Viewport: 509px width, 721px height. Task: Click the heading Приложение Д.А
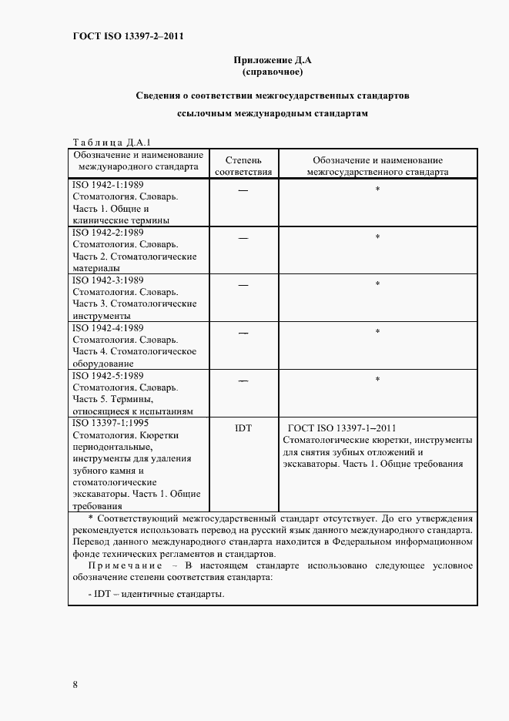tap(272, 60)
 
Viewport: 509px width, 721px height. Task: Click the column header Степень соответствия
tap(243, 165)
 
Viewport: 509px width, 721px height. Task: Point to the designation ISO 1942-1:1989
tap(108, 185)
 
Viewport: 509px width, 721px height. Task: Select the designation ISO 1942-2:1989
tap(108, 232)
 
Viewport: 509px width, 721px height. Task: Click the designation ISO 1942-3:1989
tap(108, 280)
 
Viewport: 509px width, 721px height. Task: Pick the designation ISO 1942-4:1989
tap(108, 327)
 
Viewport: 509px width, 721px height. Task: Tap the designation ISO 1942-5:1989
tap(108, 375)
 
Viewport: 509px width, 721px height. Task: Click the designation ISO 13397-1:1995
tap(110, 423)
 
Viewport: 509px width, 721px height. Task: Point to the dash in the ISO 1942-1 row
tap(243, 189)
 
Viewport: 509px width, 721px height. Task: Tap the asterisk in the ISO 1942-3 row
tap(377, 284)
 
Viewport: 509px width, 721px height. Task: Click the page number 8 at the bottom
tap(75, 685)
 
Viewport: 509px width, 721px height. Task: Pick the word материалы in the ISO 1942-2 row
tap(96, 268)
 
